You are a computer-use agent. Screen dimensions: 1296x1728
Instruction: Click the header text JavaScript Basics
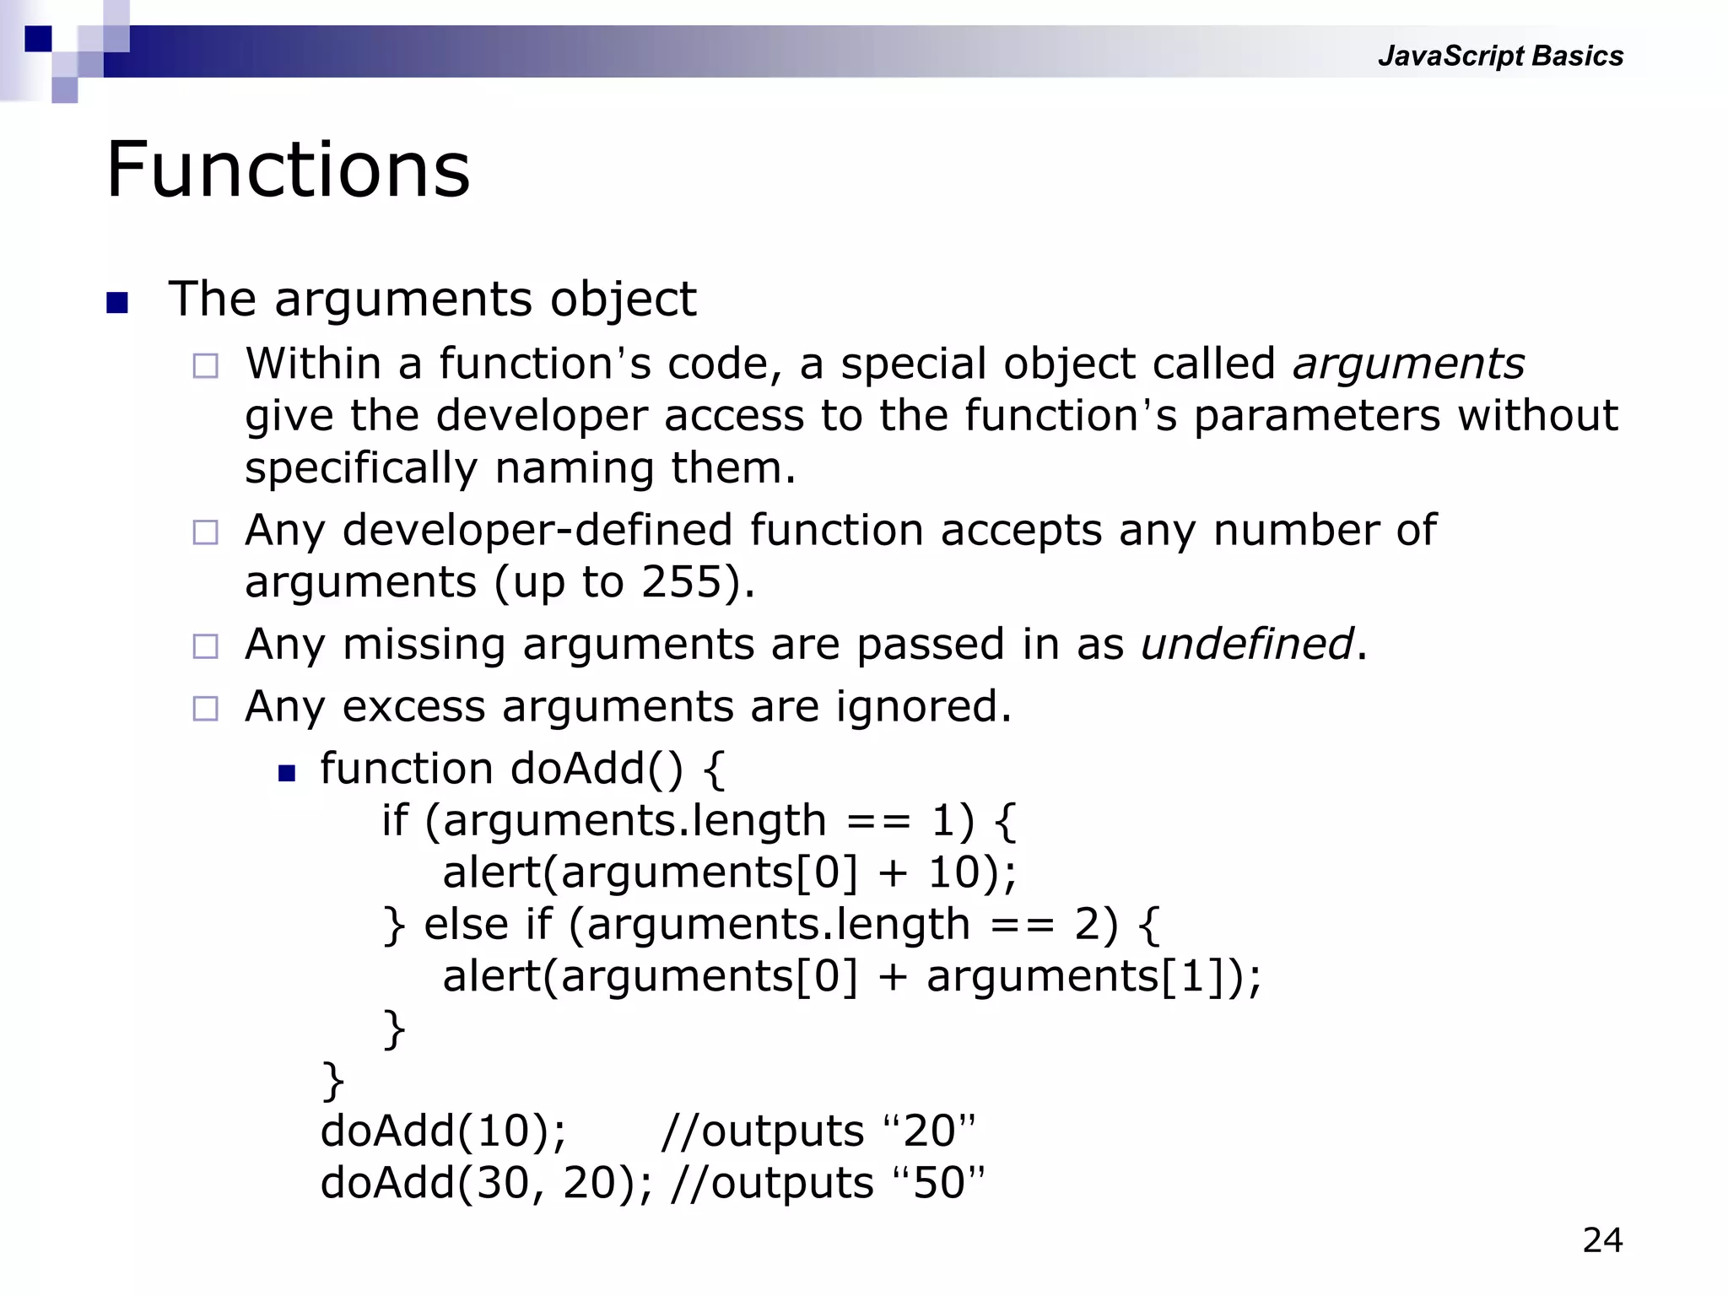tap(1499, 56)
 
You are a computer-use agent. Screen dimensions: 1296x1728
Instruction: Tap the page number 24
tap(1602, 1240)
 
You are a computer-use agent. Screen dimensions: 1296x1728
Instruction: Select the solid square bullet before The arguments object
tap(117, 302)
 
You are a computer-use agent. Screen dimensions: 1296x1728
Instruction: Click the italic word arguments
tap(1408, 364)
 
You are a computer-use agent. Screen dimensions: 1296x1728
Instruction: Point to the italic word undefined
tap(1246, 644)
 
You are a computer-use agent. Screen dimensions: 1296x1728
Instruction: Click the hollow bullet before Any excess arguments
tap(205, 708)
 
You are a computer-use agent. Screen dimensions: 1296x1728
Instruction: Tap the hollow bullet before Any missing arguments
tap(205, 646)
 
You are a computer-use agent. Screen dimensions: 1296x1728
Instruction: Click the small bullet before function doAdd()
tap(287, 773)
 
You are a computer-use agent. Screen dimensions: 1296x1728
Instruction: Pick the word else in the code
tap(467, 924)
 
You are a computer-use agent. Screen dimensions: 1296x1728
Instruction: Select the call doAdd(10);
tap(443, 1131)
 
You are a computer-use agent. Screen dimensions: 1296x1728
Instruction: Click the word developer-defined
tap(537, 531)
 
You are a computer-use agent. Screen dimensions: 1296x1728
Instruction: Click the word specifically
tap(361, 468)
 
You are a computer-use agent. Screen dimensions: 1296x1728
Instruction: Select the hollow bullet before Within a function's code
tap(205, 366)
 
